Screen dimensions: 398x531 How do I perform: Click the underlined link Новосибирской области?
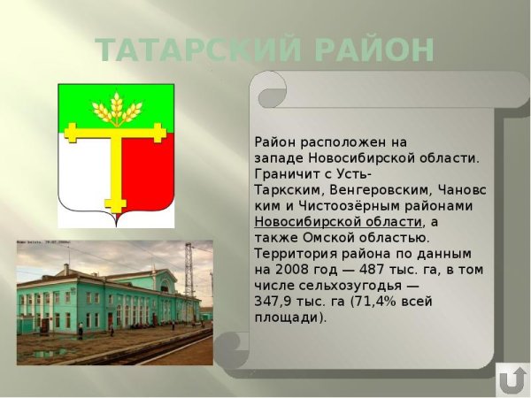point(337,222)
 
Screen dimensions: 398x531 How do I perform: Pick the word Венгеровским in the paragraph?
point(371,190)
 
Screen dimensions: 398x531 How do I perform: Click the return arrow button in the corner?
point(511,379)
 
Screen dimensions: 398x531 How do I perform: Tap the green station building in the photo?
point(106,301)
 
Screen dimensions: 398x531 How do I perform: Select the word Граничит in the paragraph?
point(284,174)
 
